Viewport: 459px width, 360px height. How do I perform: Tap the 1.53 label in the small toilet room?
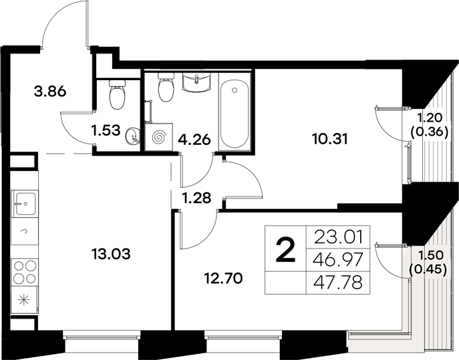[107, 130]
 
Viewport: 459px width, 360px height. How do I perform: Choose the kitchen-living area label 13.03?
[109, 254]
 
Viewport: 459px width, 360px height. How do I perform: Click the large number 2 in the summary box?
[285, 251]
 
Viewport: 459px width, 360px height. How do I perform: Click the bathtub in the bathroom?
[233, 114]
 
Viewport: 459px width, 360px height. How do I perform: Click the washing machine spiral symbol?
[160, 137]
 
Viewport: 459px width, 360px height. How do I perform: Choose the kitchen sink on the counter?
[24, 202]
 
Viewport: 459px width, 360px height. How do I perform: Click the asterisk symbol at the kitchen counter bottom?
[24, 300]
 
